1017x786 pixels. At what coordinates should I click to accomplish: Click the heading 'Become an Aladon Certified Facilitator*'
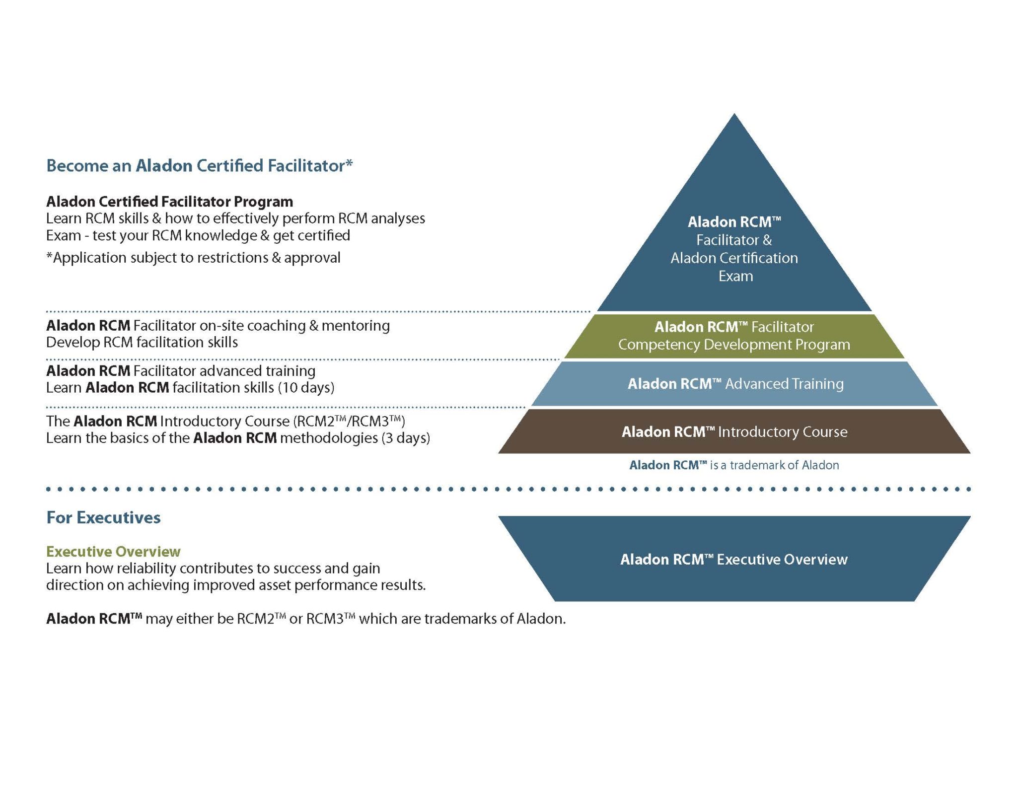(x=199, y=165)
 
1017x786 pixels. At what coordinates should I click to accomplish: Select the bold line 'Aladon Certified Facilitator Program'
(x=169, y=202)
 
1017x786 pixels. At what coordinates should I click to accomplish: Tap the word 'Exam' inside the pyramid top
(x=735, y=276)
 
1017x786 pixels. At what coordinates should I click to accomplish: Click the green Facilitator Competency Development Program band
(x=734, y=336)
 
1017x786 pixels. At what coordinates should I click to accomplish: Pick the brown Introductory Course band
(x=734, y=431)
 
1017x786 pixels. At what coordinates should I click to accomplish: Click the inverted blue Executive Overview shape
(x=734, y=559)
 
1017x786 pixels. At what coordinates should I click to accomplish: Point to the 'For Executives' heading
(x=103, y=517)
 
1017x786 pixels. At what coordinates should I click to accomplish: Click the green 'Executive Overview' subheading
(x=113, y=552)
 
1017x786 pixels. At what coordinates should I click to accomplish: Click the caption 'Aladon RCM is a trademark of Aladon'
(x=734, y=465)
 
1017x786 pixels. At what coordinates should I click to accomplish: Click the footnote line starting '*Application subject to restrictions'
(x=193, y=258)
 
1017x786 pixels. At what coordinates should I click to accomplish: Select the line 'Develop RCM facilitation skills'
(x=142, y=343)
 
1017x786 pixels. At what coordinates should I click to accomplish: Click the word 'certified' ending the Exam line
(x=325, y=235)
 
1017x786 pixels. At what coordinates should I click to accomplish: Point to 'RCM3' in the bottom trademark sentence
(x=325, y=619)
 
